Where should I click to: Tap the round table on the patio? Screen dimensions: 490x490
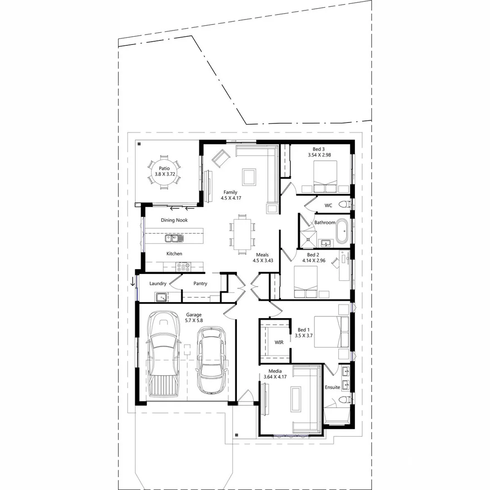(x=163, y=171)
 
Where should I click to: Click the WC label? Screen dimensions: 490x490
(x=328, y=206)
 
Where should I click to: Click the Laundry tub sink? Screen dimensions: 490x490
(x=161, y=297)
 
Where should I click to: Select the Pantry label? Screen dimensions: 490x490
(x=200, y=284)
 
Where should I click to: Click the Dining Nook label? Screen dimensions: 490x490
(x=174, y=220)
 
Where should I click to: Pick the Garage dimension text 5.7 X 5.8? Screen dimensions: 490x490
(x=194, y=320)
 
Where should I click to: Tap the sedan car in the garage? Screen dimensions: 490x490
(x=212, y=361)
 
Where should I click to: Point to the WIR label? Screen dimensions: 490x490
(x=279, y=342)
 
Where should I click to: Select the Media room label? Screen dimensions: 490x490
(x=275, y=371)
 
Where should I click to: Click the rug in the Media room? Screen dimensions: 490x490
(x=296, y=399)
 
